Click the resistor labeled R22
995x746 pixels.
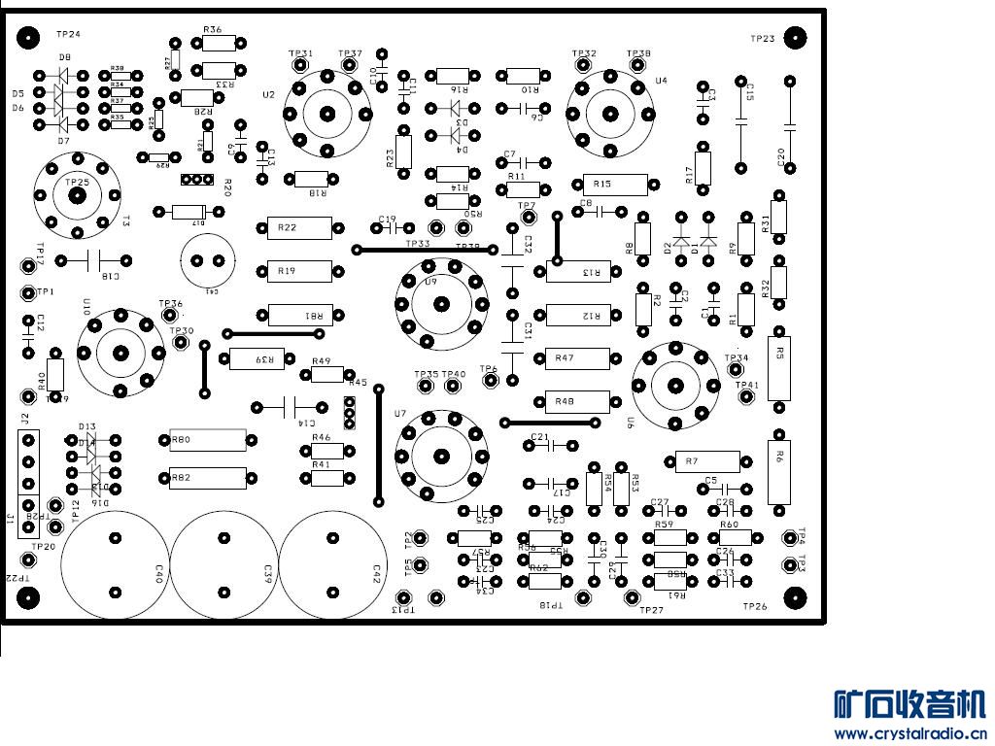click(299, 228)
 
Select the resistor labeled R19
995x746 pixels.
click(299, 271)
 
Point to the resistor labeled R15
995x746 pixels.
click(614, 185)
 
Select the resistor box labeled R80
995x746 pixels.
click(208, 441)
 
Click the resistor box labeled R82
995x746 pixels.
click(208, 478)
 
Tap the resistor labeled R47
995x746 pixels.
click(577, 358)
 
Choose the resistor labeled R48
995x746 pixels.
click(577, 401)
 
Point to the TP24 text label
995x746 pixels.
click(68, 34)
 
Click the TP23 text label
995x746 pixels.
click(762, 39)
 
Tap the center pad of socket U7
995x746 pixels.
click(440, 455)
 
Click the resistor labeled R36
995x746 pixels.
click(220, 43)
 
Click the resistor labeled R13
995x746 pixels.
click(578, 272)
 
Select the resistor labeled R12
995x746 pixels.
click(578, 315)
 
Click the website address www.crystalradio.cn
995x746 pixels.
click(910, 733)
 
